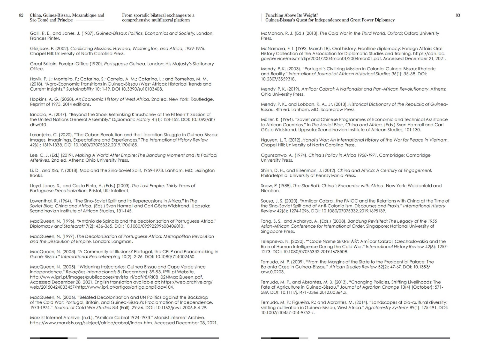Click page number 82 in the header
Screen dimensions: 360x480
[21, 15]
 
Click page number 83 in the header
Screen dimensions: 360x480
[457, 15]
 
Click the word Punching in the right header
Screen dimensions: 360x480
[274, 15]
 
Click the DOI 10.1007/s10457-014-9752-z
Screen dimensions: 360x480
[287, 313]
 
